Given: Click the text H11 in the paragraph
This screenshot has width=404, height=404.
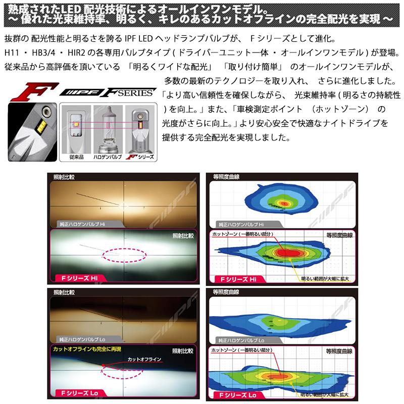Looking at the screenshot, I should pyautogui.click(x=11, y=53).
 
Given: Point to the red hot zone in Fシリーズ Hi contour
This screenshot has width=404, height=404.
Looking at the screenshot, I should pyautogui.click(x=288, y=252).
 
